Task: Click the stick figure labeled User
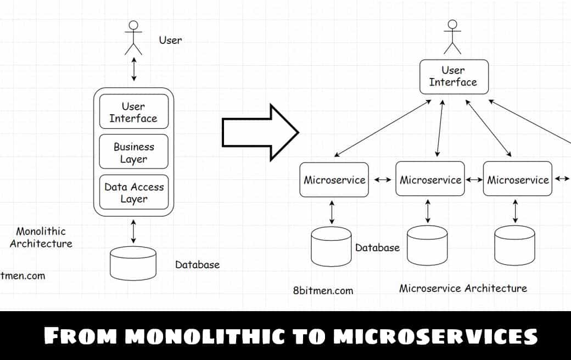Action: click(x=133, y=38)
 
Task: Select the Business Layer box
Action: click(x=134, y=152)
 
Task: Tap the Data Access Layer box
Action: click(x=134, y=192)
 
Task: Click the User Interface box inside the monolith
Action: click(x=133, y=112)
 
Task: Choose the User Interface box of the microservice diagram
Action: click(x=454, y=76)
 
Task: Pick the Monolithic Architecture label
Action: click(x=41, y=237)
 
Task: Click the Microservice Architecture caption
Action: click(x=463, y=288)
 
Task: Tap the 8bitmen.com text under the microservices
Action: click(x=323, y=290)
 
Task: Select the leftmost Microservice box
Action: click(x=334, y=179)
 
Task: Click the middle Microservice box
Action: click(x=430, y=179)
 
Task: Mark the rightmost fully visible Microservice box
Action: click(x=518, y=179)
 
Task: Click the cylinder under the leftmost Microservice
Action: click(x=331, y=246)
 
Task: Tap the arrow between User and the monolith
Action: click(x=133, y=70)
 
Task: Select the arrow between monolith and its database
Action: click(x=133, y=231)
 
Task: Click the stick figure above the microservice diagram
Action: click(x=452, y=37)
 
